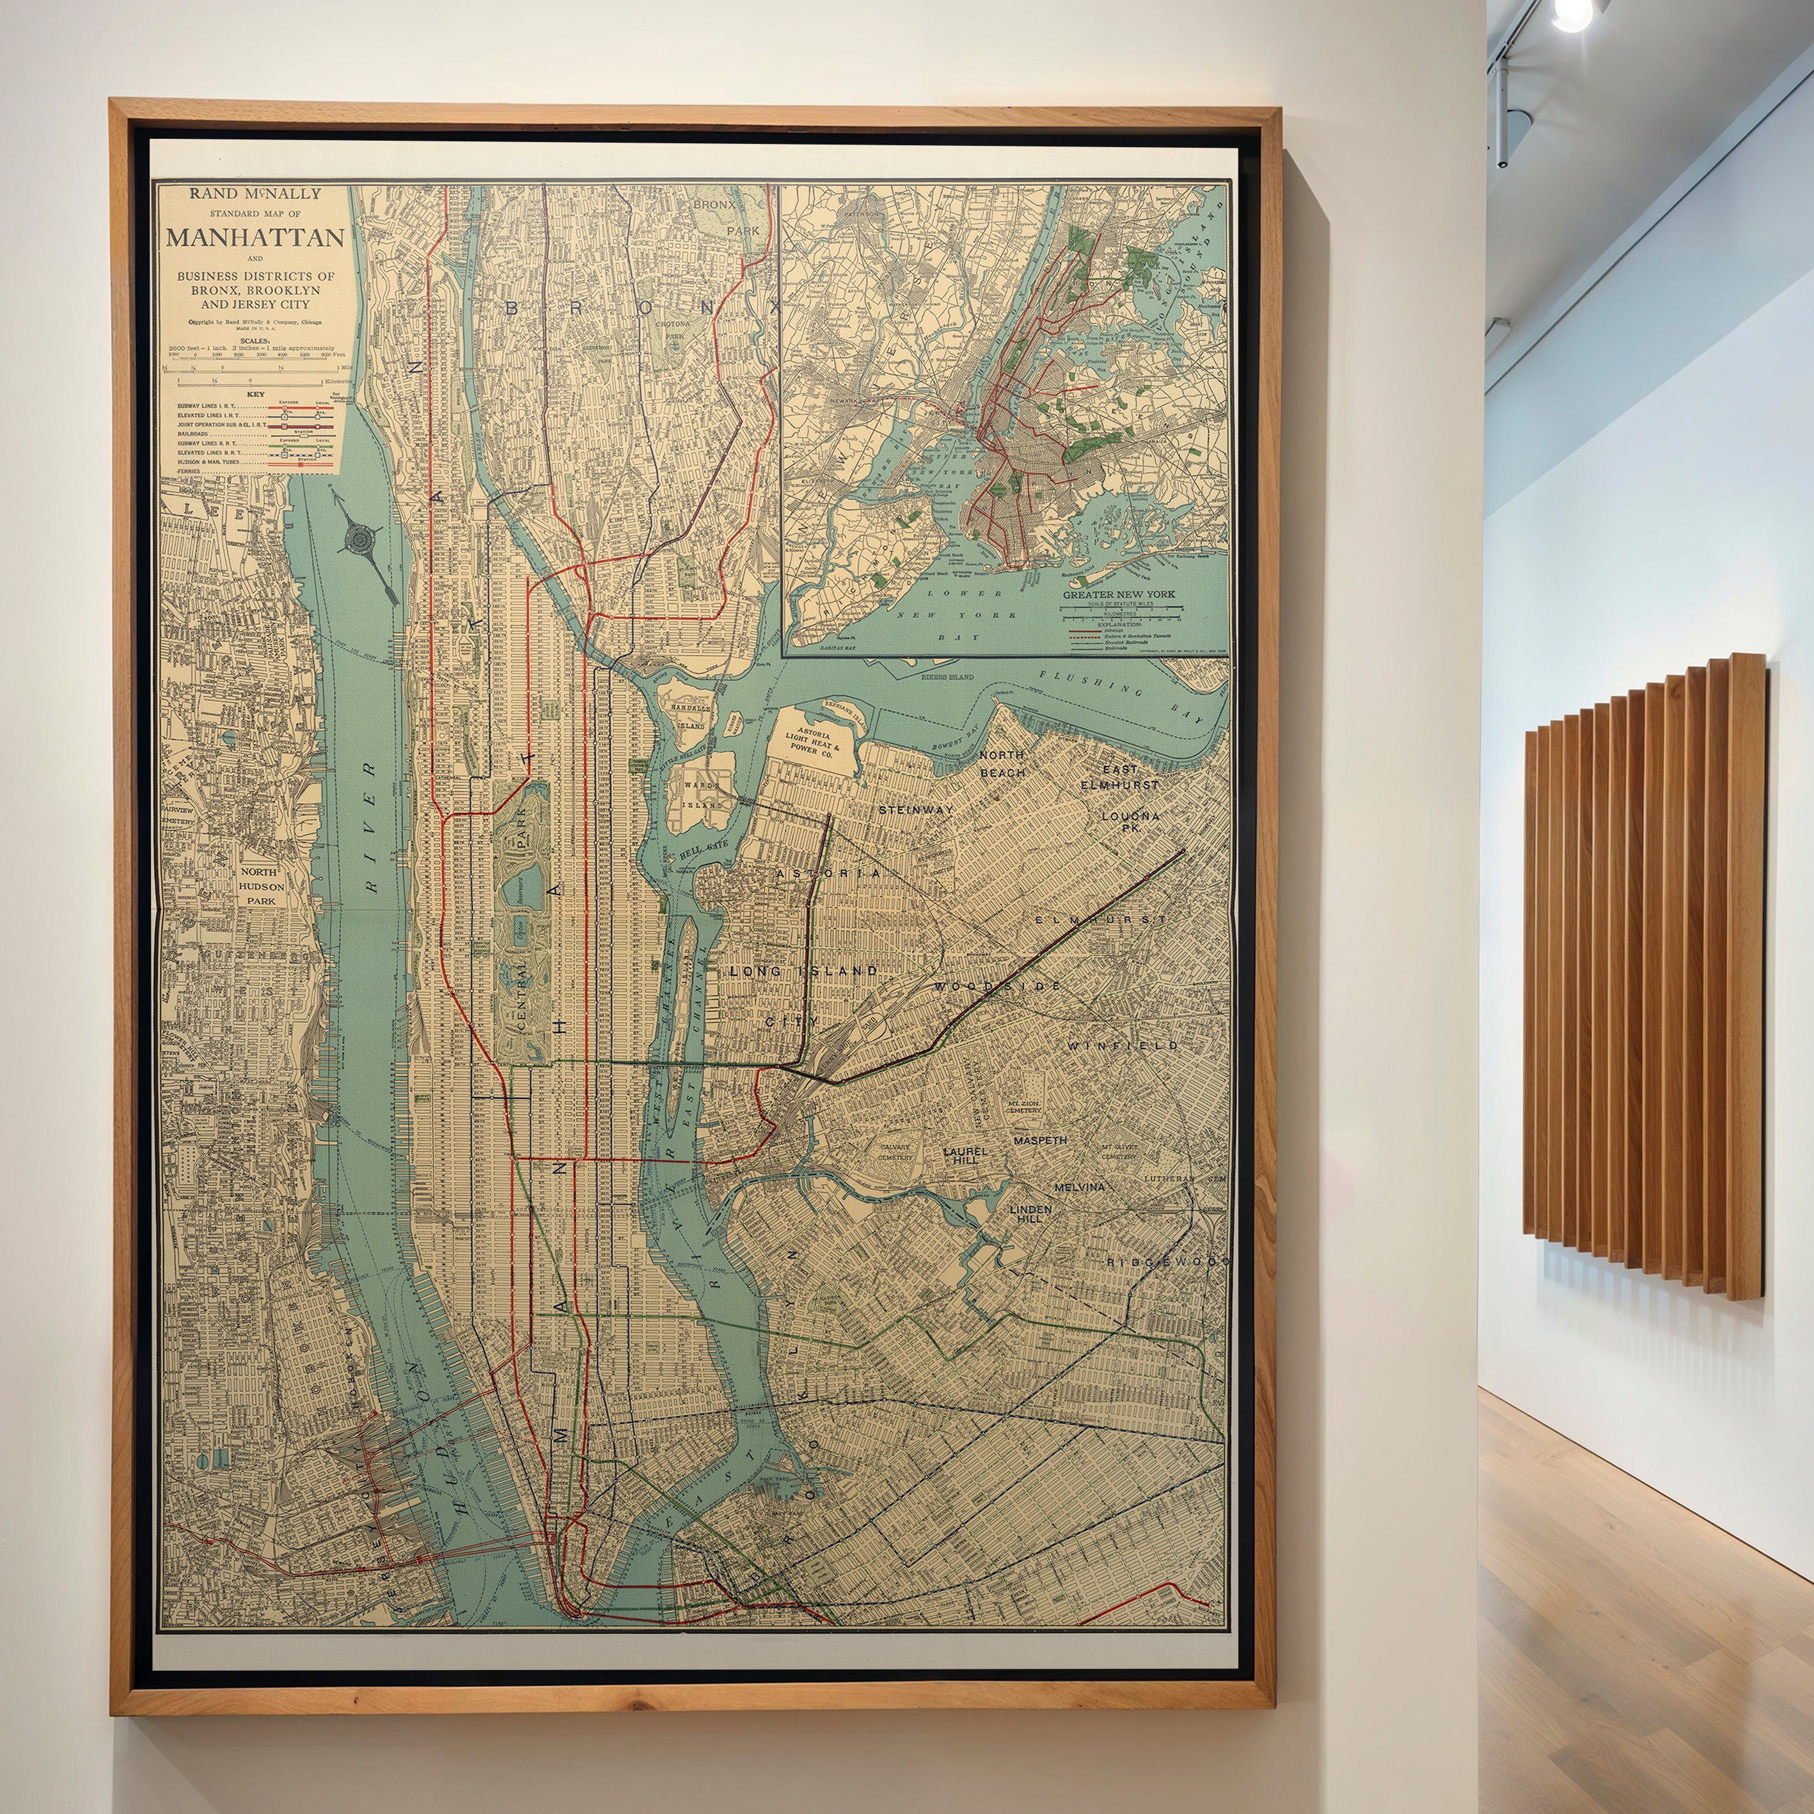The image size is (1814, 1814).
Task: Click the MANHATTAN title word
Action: pos(255,237)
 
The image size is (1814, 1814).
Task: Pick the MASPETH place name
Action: pos(1039,1140)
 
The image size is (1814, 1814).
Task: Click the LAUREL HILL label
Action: pos(965,1155)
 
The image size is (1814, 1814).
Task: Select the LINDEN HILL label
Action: pos(1030,1214)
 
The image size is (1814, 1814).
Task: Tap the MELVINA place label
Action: pos(1079,1187)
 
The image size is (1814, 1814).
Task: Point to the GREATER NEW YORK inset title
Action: pos(1118,594)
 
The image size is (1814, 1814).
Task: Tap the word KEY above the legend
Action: pos(255,395)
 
